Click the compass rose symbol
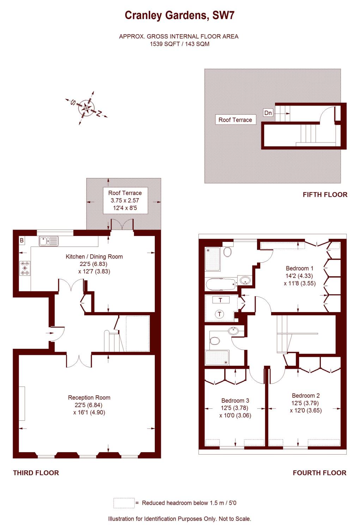pos(86,108)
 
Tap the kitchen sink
pos(49,241)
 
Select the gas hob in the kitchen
pos(25,268)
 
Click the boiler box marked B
pos(22,241)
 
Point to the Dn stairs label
pos(268,113)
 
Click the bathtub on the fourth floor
pos(221,284)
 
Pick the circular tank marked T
pos(220,314)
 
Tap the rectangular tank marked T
pos(221,300)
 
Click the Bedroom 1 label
pos(299,268)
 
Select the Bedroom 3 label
pos(235,401)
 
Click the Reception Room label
pos(89,397)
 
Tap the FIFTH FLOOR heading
pos(325,195)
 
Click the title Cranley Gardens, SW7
pos(179,16)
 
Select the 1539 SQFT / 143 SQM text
pos(179,44)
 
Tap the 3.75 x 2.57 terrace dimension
pos(125,200)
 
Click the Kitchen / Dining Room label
pos(94,256)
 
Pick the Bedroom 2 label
pos(306,395)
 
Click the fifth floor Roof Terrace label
pos(235,120)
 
